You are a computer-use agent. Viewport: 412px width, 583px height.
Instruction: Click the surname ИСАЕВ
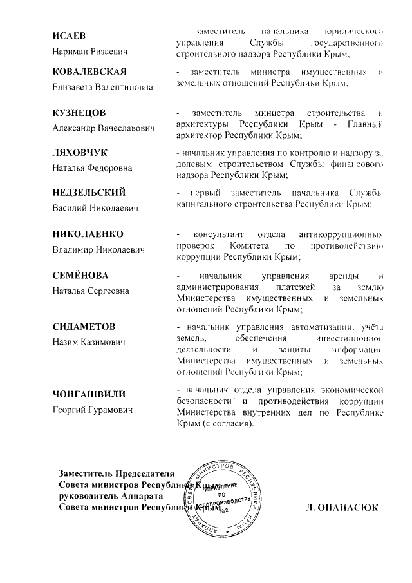point(69,35)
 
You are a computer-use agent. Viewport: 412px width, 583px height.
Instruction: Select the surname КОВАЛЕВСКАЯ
point(89,70)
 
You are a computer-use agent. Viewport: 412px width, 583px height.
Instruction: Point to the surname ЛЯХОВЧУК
point(80,152)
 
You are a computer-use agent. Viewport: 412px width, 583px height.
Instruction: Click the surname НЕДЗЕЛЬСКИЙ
point(89,193)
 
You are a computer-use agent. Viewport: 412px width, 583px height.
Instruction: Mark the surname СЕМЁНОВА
point(82,275)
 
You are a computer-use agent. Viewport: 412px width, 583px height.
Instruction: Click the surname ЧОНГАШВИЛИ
point(89,393)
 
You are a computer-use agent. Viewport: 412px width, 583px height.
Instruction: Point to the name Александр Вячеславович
point(104,128)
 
